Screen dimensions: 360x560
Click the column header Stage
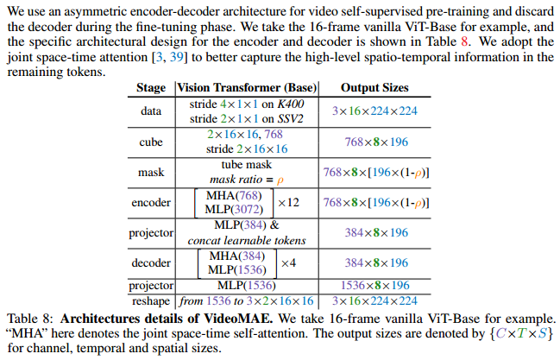(x=150, y=88)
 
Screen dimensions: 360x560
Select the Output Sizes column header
(x=374, y=88)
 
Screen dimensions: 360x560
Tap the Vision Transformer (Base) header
(x=247, y=88)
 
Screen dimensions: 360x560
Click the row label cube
(x=150, y=142)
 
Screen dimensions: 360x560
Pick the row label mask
(x=150, y=172)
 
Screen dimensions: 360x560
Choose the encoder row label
(x=150, y=203)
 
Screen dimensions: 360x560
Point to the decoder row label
(x=150, y=262)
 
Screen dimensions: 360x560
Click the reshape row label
(x=150, y=300)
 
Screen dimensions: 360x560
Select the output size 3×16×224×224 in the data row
(x=374, y=111)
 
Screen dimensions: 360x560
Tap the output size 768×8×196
(x=374, y=142)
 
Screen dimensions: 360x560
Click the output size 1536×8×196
(x=374, y=286)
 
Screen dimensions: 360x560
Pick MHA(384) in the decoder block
(x=235, y=256)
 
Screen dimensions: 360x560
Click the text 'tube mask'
(x=247, y=165)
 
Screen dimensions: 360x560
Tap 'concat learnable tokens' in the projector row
(x=247, y=239)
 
